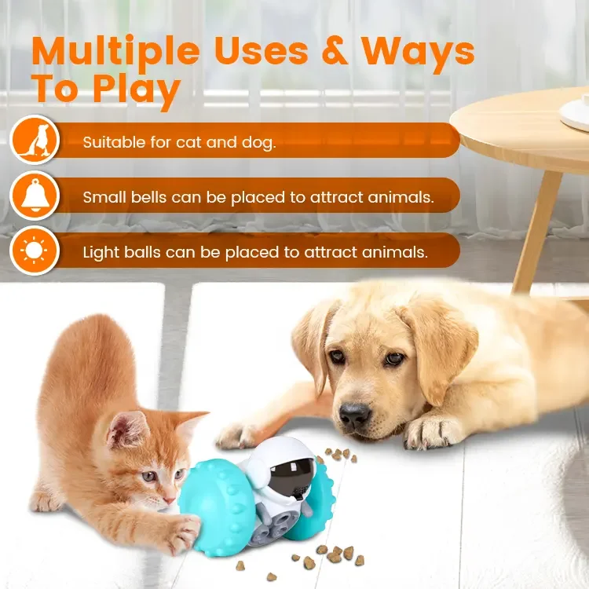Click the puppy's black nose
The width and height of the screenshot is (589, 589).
[355, 413]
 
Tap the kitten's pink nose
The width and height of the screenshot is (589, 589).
[167, 497]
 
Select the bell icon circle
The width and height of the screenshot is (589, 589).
[34, 195]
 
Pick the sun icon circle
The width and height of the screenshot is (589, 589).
[34, 250]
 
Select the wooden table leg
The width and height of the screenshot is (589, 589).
[538, 228]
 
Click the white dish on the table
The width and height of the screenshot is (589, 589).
[575, 114]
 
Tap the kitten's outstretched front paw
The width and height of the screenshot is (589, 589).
[181, 537]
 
